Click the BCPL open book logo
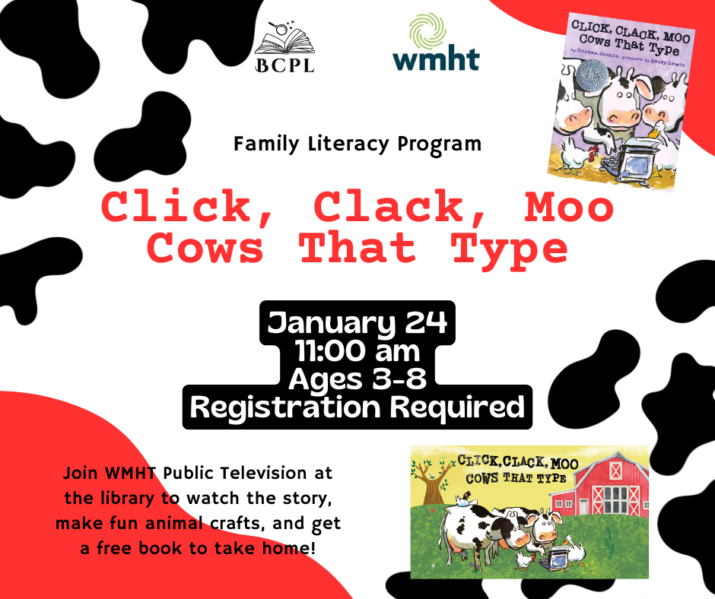point(284,46)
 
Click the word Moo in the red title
point(569,207)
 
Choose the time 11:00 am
point(357,351)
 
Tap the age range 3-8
point(399,379)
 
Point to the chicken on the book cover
point(577,155)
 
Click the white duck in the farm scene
point(574,550)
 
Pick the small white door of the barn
point(583,506)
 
